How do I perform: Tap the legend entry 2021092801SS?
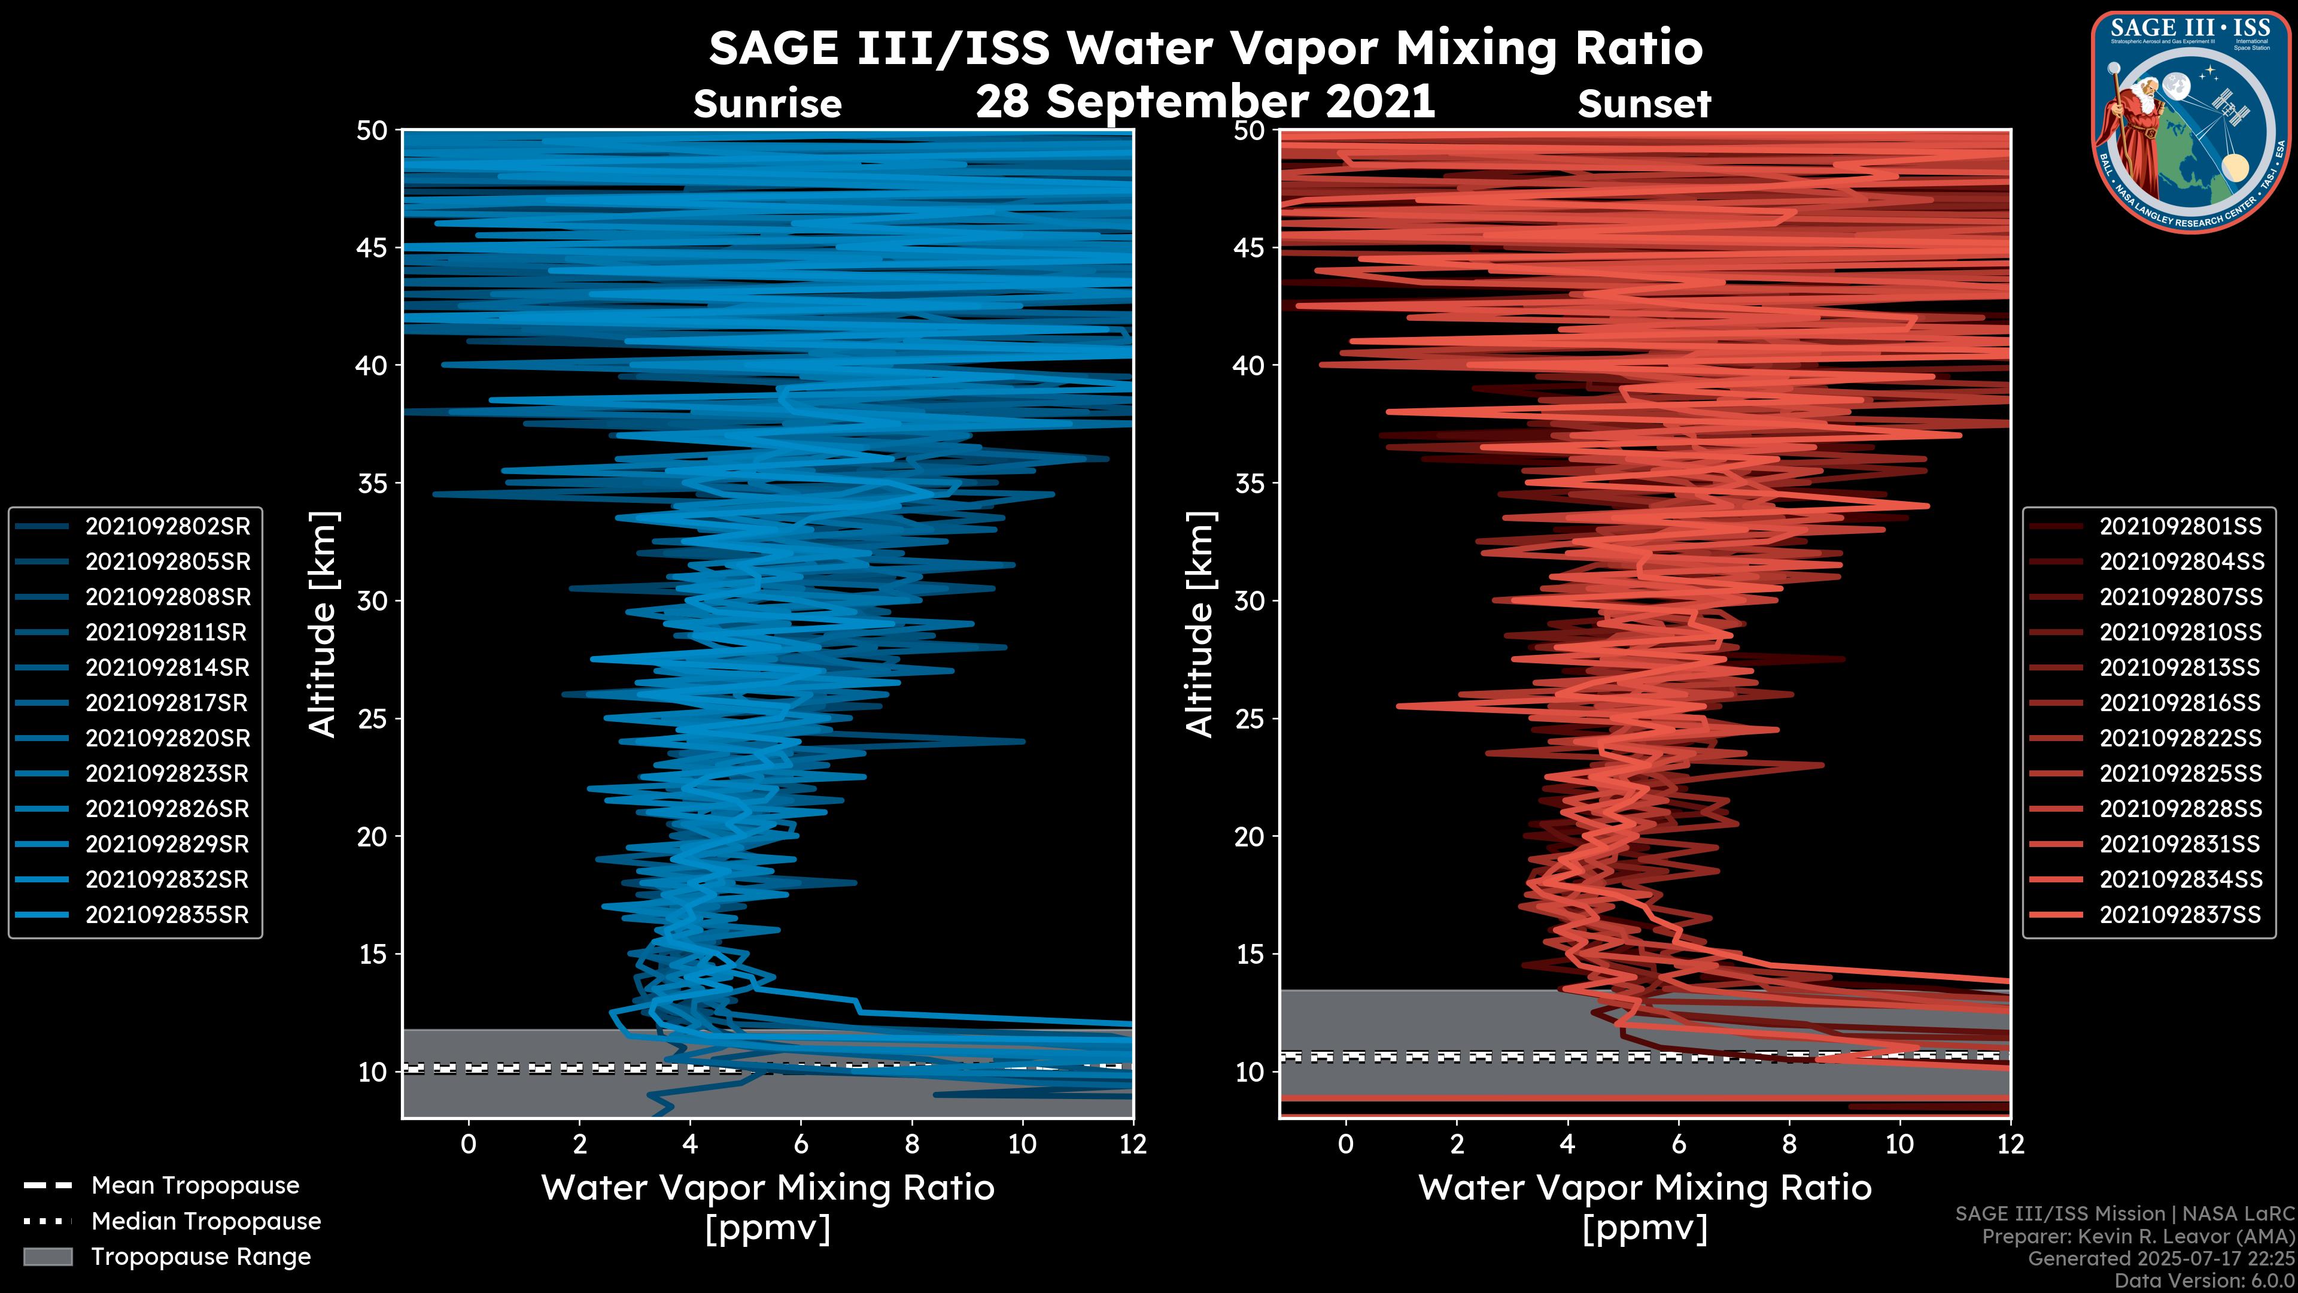pyautogui.click(x=2180, y=527)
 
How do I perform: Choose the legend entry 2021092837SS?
pyautogui.click(x=2180, y=915)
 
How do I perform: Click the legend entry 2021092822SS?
pyautogui.click(x=2180, y=738)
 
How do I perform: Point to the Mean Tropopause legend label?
pyautogui.click(x=194, y=1185)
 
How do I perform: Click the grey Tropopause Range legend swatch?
pyautogui.click(x=47, y=1256)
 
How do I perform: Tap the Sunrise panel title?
pyautogui.click(x=767, y=104)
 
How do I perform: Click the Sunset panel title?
pyautogui.click(x=1644, y=104)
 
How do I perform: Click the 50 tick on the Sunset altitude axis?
pyautogui.click(x=1250, y=130)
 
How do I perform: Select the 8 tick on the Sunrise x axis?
pyautogui.click(x=911, y=1144)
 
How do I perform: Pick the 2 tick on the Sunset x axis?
pyautogui.click(x=1457, y=1144)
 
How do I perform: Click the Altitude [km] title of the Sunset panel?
pyautogui.click(x=1200, y=624)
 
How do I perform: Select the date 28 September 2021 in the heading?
pyautogui.click(x=1205, y=102)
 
